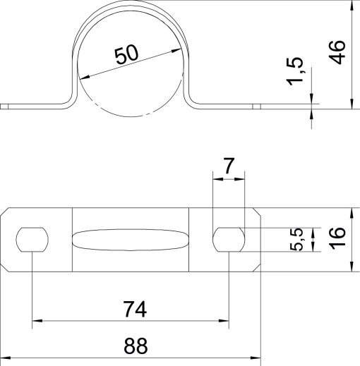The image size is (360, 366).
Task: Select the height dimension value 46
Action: (x=338, y=53)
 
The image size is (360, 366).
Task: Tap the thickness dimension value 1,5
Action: (x=297, y=73)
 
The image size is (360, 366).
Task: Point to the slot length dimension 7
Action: (x=228, y=166)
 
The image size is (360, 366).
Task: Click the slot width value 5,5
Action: (x=297, y=240)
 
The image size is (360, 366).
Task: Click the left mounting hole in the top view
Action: (x=32, y=240)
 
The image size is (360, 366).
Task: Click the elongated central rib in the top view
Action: (x=131, y=240)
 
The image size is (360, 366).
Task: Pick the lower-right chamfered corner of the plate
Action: (x=256, y=267)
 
